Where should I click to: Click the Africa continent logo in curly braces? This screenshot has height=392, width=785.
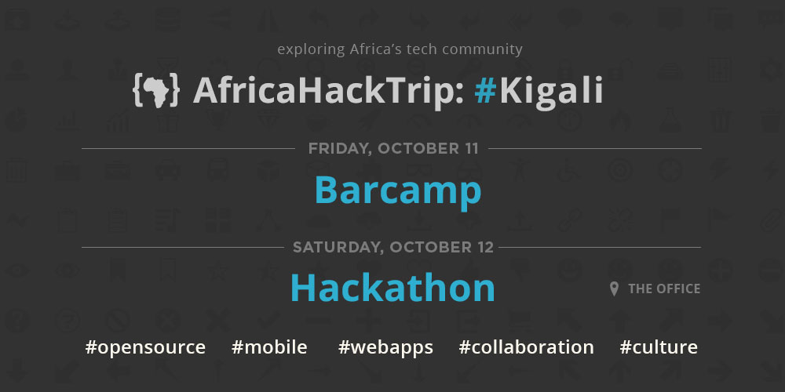pyautogui.click(x=155, y=90)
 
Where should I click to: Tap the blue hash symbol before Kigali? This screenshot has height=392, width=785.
pyautogui.click(x=485, y=90)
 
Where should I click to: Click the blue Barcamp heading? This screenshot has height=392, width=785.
pyautogui.click(x=398, y=191)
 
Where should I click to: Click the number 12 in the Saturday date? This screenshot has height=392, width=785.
pyautogui.click(x=484, y=247)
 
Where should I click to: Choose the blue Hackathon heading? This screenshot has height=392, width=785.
pyautogui.click(x=392, y=288)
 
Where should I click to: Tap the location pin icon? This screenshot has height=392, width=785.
pyautogui.click(x=615, y=289)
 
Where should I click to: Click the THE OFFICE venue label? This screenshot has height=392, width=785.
pyautogui.click(x=664, y=289)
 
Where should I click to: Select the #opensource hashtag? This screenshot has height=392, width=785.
pyautogui.click(x=146, y=347)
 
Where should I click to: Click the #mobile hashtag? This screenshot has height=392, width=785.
pyautogui.click(x=269, y=347)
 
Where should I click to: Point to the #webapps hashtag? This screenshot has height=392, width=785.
pyautogui.click(x=385, y=347)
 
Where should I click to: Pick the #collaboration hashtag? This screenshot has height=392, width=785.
pyautogui.click(x=526, y=347)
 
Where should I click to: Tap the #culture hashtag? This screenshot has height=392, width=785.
pyautogui.click(x=659, y=347)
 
